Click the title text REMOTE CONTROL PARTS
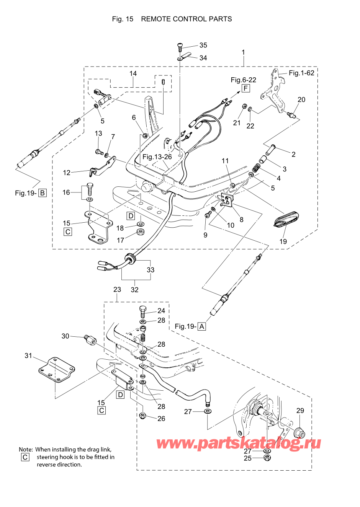pyautogui.click(x=186, y=19)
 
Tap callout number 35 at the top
pyautogui.click(x=203, y=45)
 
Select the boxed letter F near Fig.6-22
pyautogui.click(x=245, y=88)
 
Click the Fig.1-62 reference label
pyautogui.click(x=301, y=73)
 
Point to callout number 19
pyautogui.click(x=283, y=241)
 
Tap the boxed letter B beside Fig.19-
pyautogui.click(x=43, y=193)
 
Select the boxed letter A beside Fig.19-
pyautogui.click(x=202, y=326)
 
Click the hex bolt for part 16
pyautogui.click(x=90, y=188)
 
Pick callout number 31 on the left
pyautogui.click(x=28, y=355)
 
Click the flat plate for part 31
pyautogui.click(x=57, y=370)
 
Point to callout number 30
pyautogui.click(x=65, y=336)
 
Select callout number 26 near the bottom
pyautogui.click(x=161, y=419)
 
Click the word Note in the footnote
pyautogui.click(x=25, y=450)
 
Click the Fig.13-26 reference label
pyautogui.click(x=157, y=157)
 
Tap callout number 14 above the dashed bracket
pyautogui.click(x=133, y=73)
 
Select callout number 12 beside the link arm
pyautogui.click(x=67, y=173)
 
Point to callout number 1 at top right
pyautogui.click(x=243, y=52)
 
